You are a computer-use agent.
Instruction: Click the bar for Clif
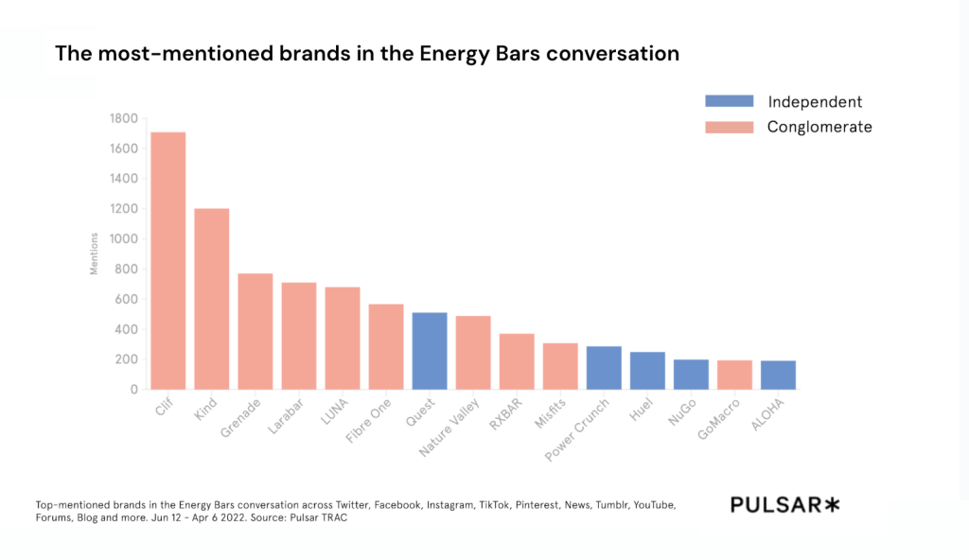click(x=167, y=260)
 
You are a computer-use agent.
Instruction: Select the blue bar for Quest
click(x=430, y=350)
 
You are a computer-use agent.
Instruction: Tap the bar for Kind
click(x=212, y=298)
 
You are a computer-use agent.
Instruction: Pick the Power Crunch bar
click(x=604, y=367)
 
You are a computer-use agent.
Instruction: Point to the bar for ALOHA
click(x=778, y=375)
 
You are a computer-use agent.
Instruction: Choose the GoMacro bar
click(x=734, y=375)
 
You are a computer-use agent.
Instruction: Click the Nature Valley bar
click(x=473, y=352)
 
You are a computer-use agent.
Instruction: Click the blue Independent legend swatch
click(x=729, y=101)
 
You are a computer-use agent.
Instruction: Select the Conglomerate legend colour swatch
click(x=729, y=127)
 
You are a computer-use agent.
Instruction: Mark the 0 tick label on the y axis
click(x=133, y=389)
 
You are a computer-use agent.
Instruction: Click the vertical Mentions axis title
click(x=94, y=254)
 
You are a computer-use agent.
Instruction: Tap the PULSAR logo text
click(x=775, y=505)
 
